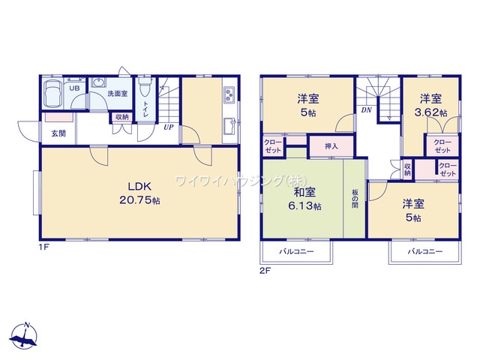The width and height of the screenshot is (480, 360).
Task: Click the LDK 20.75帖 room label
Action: pyautogui.click(x=139, y=193)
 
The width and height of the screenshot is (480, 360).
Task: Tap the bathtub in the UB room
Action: pyautogui.click(x=53, y=94)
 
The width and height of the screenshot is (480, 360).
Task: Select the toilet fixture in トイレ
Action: pyautogui.click(x=145, y=87)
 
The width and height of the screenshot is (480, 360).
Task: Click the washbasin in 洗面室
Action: pyautogui.click(x=98, y=82)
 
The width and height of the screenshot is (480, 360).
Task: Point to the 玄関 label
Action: pyautogui.click(x=58, y=133)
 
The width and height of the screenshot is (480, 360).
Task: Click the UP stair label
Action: pyautogui.click(x=168, y=127)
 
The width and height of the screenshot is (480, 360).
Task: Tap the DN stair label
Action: pyautogui.click(x=366, y=109)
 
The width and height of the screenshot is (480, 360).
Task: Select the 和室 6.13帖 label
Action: pyautogui.click(x=304, y=199)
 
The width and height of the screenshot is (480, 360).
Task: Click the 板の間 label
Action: pyautogui.click(x=355, y=199)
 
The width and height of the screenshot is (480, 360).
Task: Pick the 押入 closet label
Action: pyautogui.click(x=331, y=146)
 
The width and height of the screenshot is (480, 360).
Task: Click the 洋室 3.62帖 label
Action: pyautogui.click(x=430, y=106)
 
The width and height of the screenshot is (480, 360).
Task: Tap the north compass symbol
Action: pyautogui.click(x=23, y=336)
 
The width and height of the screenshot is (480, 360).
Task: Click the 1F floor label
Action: pyautogui.click(x=44, y=247)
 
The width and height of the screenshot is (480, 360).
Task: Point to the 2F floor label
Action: pyautogui.click(x=265, y=271)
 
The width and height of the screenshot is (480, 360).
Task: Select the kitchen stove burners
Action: pyautogui.click(x=229, y=94)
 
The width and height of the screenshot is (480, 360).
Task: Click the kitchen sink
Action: pyautogui.click(x=229, y=126)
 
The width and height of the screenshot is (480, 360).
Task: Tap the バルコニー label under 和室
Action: pyautogui.click(x=296, y=252)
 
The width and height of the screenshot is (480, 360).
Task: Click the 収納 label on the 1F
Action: pyautogui.click(x=121, y=117)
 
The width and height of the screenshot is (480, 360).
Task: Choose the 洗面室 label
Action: pyautogui.click(x=118, y=93)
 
